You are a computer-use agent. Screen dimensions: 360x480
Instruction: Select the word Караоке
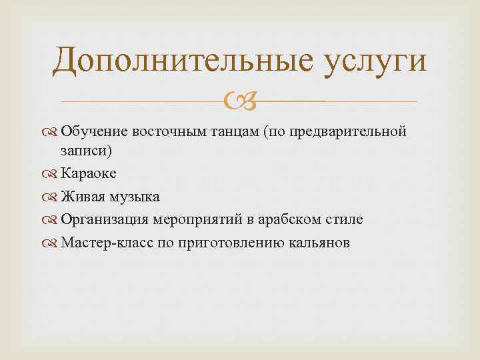(89, 174)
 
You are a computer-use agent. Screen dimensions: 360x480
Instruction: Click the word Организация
(106, 219)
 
